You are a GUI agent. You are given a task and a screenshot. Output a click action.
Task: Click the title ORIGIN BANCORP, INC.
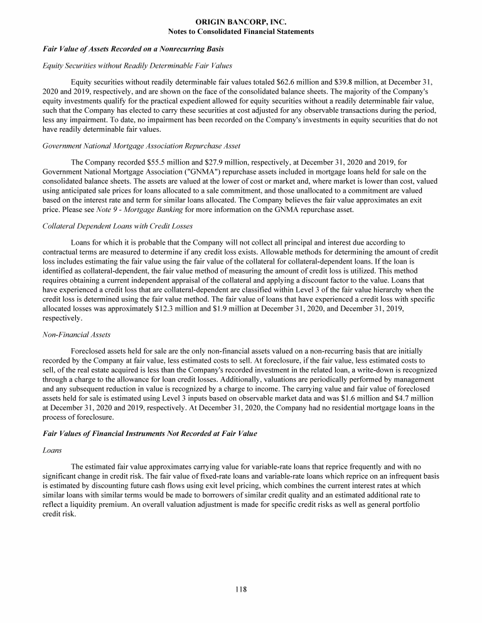click(241, 22)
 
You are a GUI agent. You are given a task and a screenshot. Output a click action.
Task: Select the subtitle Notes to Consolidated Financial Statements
click(241, 31)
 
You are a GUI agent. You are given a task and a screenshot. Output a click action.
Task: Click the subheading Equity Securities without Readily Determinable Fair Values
click(137, 65)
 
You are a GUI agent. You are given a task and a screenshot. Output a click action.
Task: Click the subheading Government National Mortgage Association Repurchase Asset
click(141, 146)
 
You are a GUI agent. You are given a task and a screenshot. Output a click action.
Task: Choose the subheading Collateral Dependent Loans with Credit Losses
click(117, 226)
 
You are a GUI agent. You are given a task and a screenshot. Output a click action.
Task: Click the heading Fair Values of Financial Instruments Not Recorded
click(149, 434)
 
